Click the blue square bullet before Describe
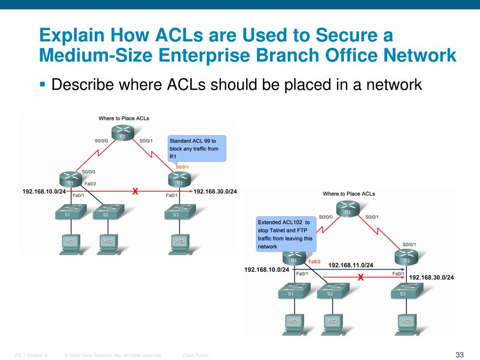coord(43,84)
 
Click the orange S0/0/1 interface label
coord(182,167)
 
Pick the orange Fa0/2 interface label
coord(314,261)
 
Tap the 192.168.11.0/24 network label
coord(351,265)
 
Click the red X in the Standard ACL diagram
coord(135,191)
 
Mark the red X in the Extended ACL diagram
coord(360,277)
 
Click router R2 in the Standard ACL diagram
coord(122,134)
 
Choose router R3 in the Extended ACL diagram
coord(406,258)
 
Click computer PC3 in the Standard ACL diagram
coord(180,243)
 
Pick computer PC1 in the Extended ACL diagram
coord(293,323)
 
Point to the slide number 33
coord(459,354)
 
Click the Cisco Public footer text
coord(195,355)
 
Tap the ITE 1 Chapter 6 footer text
coord(31,355)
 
